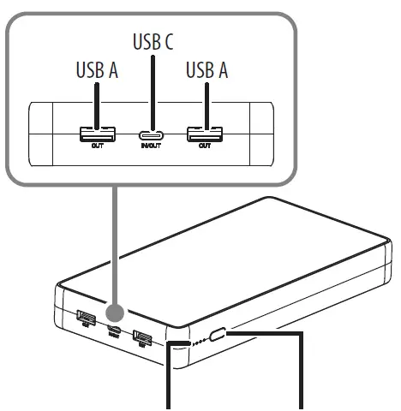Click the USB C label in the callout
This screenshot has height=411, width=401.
tap(153, 41)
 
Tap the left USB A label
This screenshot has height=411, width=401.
tap(96, 71)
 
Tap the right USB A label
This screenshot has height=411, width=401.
tap(206, 71)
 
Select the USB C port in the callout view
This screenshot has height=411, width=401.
tap(153, 134)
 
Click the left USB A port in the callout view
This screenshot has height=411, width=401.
tap(96, 133)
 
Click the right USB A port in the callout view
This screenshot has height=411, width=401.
tap(206, 133)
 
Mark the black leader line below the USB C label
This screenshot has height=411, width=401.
tap(153, 90)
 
